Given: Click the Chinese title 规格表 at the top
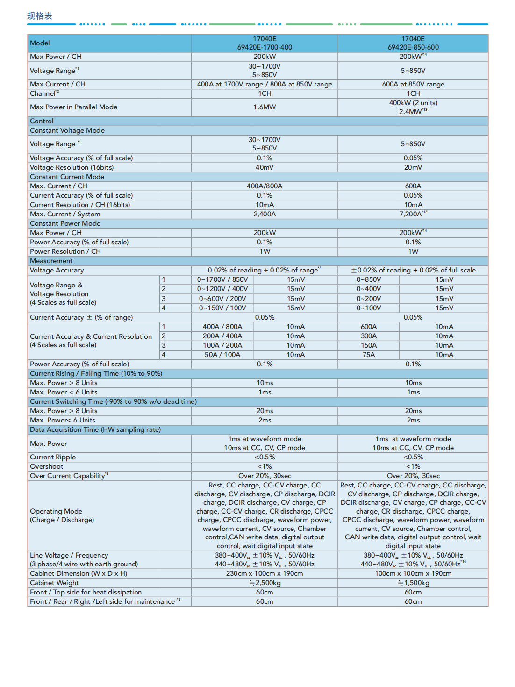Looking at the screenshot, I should point(40,16).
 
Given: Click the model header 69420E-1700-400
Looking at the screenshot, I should point(265,47).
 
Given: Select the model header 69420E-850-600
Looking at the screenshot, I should point(413,47).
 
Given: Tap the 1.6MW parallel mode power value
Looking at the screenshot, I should point(265,107).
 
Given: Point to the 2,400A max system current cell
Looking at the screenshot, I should point(265,214).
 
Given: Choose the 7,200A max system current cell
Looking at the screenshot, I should point(413,214).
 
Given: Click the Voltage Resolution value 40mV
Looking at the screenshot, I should point(265,167).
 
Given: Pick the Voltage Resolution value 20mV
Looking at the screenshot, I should point(413,167).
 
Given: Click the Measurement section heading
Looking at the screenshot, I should point(51,261).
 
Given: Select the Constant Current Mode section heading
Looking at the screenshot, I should point(67,177).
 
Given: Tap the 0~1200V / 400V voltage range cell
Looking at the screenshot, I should point(222,289).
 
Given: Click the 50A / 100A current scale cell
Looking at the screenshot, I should point(222,355).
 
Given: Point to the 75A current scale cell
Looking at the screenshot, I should point(369,355).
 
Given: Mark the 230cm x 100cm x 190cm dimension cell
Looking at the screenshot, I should point(265,573).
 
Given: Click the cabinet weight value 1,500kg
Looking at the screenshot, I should point(414,583).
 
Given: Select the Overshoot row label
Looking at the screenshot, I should point(47,466).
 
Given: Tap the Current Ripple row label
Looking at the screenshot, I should point(53,457).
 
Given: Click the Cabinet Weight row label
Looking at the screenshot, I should point(54,583).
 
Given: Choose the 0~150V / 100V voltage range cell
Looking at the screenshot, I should point(222,308).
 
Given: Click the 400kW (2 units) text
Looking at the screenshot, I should point(413,103).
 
